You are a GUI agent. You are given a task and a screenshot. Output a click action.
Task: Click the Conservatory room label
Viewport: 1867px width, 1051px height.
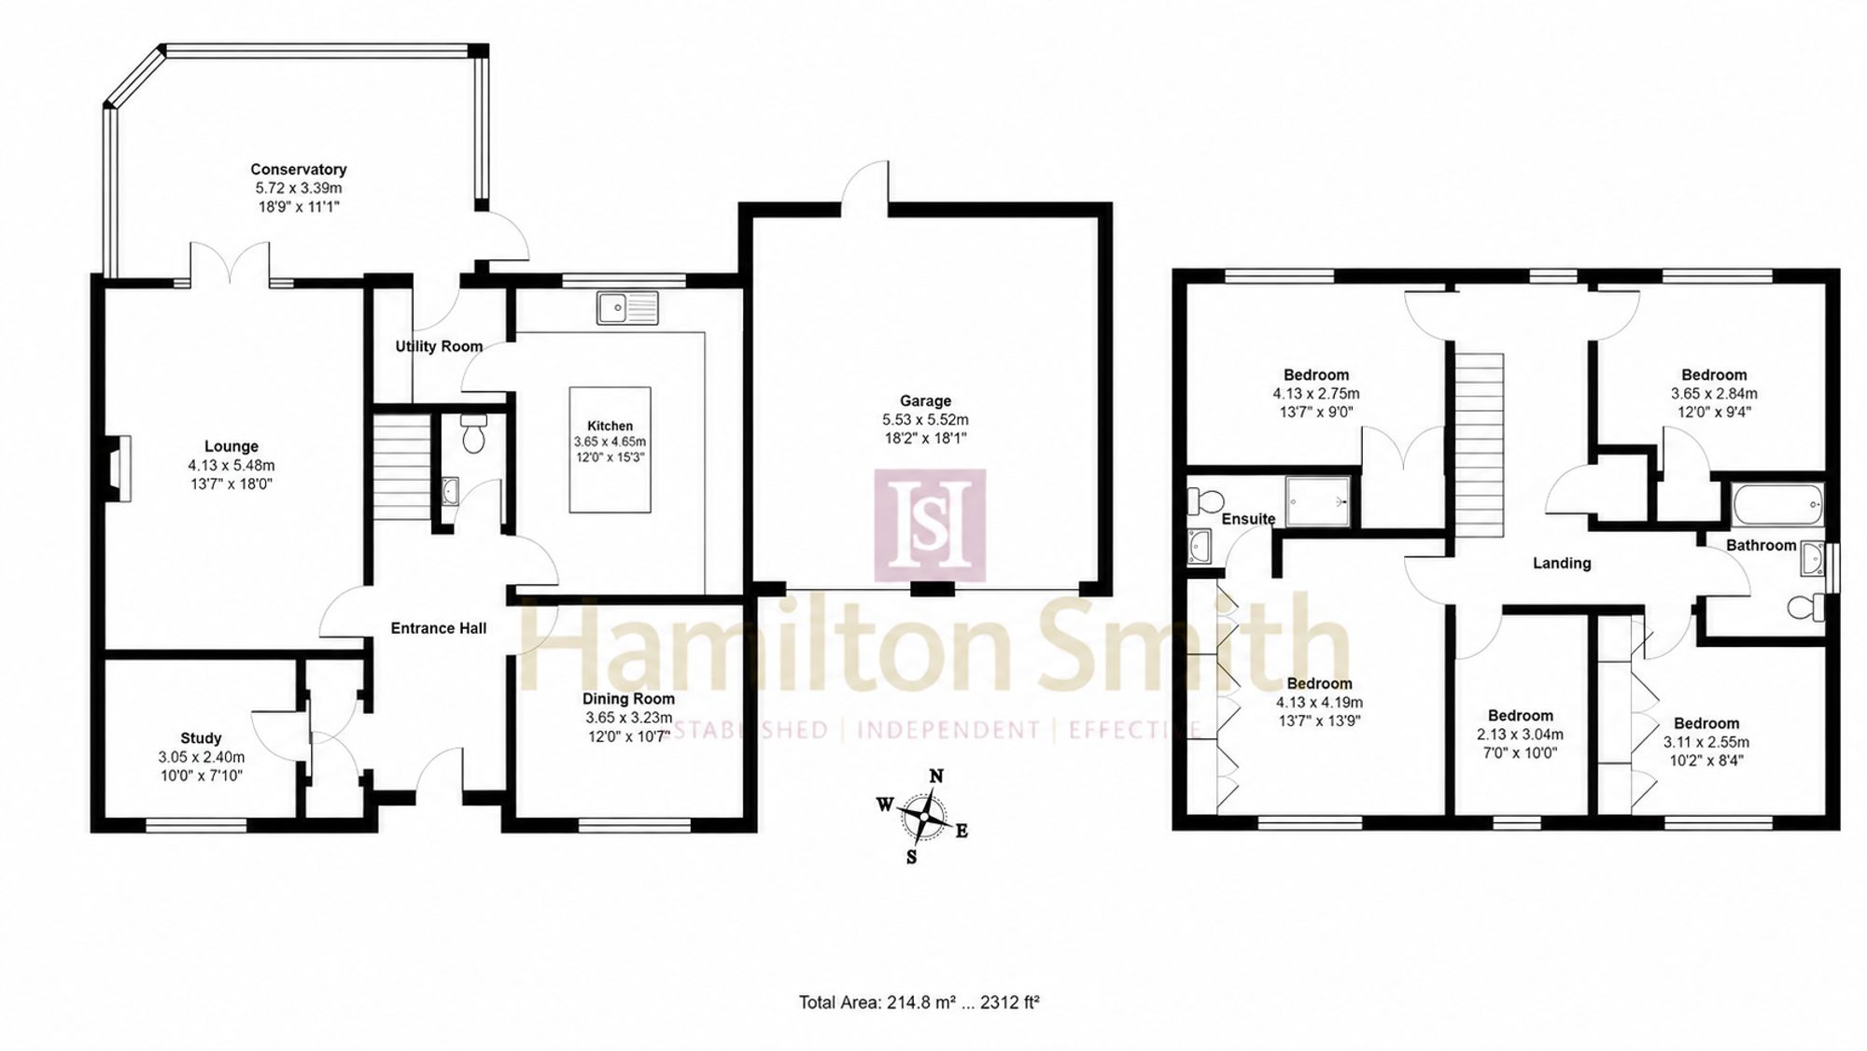[x=299, y=169]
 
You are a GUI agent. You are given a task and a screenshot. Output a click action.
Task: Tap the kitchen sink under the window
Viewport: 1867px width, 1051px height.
[x=628, y=307]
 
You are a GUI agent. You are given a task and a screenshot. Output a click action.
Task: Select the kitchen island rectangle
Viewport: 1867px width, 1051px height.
[x=611, y=450]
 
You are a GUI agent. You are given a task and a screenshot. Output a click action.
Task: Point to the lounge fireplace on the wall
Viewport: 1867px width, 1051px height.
[x=118, y=469]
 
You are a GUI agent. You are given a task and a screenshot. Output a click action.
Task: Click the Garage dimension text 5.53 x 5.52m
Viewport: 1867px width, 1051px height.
[x=925, y=420]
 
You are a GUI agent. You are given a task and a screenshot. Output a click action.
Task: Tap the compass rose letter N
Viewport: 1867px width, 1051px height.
[x=936, y=776]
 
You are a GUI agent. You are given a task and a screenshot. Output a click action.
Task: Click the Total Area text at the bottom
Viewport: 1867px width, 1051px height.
[x=919, y=1002]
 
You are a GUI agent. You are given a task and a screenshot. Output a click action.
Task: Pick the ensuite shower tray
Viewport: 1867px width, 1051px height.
[x=1318, y=501]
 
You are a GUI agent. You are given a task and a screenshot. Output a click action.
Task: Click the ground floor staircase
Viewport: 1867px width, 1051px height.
[x=401, y=467]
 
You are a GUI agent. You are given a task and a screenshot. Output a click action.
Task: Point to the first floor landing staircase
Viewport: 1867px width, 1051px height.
[x=1477, y=445]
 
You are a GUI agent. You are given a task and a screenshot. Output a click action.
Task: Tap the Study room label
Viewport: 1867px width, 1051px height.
[x=201, y=738]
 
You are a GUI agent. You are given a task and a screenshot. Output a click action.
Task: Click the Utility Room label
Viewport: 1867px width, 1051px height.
[x=439, y=346]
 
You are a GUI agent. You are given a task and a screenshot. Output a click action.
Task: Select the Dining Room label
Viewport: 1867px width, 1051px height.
[x=628, y=698]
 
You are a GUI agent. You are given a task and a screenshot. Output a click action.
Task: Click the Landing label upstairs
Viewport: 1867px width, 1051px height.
[x=1562, y=563]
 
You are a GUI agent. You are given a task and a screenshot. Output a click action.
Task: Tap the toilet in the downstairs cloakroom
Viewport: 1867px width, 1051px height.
[x=473, y=434]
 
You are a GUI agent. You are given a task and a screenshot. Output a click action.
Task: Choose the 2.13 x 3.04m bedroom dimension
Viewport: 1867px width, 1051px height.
[x=1521, y=735]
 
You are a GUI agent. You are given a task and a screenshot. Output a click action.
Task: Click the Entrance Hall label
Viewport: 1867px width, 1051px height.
[x=439, y=628]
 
